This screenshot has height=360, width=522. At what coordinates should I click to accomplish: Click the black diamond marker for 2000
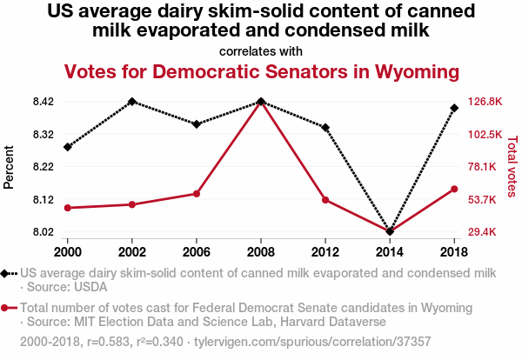[x=68, y=147]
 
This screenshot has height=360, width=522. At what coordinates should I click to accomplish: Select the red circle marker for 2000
[x=68, y=208]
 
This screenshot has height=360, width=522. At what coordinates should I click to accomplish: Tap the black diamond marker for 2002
[x=132, y=102]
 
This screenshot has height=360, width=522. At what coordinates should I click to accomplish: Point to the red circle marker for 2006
[x=197, y=194]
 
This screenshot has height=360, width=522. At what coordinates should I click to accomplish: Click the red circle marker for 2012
[x=325, y=200]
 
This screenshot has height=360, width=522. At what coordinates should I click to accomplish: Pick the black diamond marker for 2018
[x=454, y=108]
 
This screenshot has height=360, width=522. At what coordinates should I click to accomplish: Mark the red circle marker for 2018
[x=454, y=190]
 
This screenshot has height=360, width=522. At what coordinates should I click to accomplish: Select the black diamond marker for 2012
[x=325, y=128]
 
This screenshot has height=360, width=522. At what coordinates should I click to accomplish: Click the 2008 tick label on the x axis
[x=261, y=251]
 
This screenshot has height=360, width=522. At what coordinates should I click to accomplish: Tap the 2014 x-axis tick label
[x=390, y=251]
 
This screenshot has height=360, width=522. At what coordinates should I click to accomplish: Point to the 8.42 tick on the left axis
[x=42, y=102]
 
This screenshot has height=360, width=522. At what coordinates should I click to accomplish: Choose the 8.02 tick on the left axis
[x=42, y=232]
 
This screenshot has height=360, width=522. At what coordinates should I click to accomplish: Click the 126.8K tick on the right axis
[x=485, y=102]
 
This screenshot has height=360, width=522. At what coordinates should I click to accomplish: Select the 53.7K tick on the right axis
[x=484, y=200]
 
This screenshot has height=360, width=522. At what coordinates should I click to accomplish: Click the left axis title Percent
[x=10, y=167]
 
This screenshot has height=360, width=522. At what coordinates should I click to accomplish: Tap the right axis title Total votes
[x=512, y=167]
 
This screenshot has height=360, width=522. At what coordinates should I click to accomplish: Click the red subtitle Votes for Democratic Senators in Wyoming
[x=261, y=71]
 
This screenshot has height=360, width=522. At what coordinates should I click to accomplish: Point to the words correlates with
[x=261, y=50]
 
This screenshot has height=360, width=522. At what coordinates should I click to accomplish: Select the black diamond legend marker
[x=6, y=273]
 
